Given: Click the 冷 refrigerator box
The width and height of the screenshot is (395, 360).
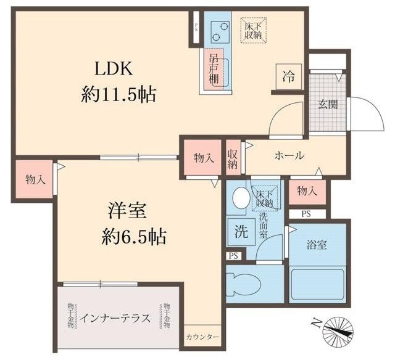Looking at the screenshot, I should (288, 77).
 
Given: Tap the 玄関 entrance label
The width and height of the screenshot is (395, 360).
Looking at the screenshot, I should (328, 104).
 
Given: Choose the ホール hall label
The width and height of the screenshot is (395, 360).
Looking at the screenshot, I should (288, 156).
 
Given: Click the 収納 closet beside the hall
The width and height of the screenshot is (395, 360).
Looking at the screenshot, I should (233, 158).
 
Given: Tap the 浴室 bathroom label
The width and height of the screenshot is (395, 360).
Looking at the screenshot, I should (317, 245).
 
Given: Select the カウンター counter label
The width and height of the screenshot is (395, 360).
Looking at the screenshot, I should (202, 337).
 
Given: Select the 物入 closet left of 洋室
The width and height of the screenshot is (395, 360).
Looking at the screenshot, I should (35, 179).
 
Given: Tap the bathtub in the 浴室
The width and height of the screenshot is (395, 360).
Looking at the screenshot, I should (317, 283).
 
